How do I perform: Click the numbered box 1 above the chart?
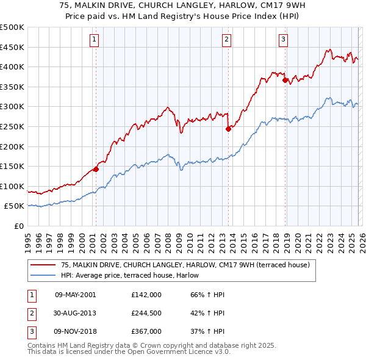[95, 40]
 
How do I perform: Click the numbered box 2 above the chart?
[226, 40]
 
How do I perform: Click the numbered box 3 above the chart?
[284, 40]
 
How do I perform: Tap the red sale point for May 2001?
[96, 170]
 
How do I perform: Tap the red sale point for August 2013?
[228, 129]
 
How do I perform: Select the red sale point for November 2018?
[285, 80]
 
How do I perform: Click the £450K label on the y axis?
[13, 47]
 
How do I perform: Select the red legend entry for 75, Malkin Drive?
[185, 265]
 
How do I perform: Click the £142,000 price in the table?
[146, 295]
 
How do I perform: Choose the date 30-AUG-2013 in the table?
[76, 313]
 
